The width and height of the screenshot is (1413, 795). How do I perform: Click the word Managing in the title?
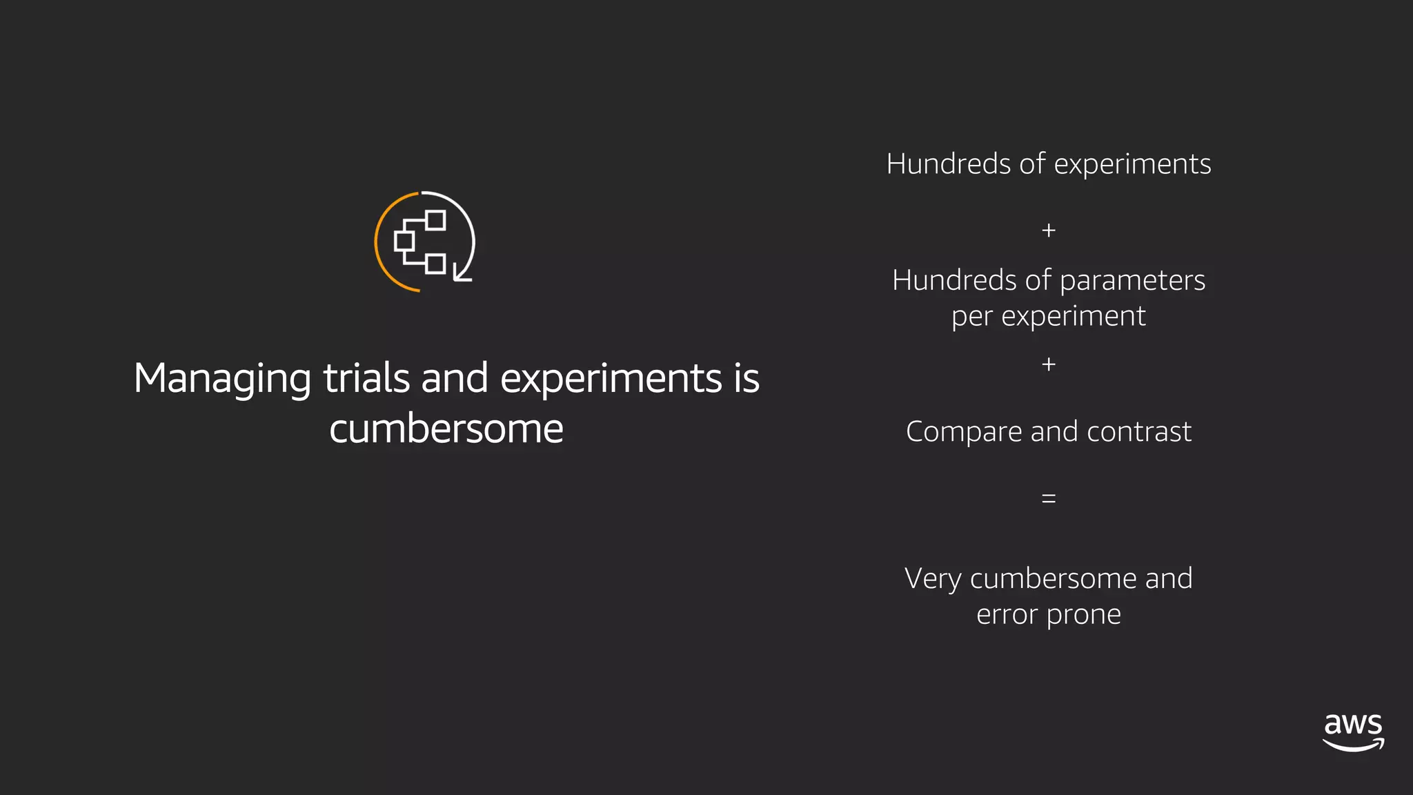pyautogui.click(x=222, y=379)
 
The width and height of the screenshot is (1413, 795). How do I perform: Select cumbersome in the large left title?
pyautogui.click(x=446, y=429)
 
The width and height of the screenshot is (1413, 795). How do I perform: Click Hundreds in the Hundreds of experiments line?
pyautogui.click(x=949, y=164)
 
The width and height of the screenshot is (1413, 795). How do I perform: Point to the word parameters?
pyautogui.click(x=1132, y=281)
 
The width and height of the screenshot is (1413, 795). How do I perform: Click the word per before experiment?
pyautogui.click(x=971, y=317)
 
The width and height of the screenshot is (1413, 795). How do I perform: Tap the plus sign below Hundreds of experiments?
pyautogui.click(x=1049, y=230)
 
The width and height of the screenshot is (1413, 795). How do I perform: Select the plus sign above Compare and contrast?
pyautogui.click(x=1049, y=364)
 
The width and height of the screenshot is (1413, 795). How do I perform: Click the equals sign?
pyautogui.click(x=1049, y=498)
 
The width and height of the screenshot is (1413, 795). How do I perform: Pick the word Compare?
pyautogui.click(x=964, y=433)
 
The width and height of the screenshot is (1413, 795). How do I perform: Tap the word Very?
pyautogui.click(x=933, y=578)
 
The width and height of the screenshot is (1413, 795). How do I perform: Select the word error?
pyautogui.click(x=1007, y=614)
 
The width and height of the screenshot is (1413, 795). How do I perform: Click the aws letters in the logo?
pyautogui.click(x=1353, y=724)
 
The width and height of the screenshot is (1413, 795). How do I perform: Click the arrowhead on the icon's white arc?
pyautogui.click(x=460, y=275)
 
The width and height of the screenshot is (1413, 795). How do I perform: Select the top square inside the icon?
pyautogui.click(x=435, y=220)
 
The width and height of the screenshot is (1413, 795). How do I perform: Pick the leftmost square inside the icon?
pyautogui.click(x=404, y=241)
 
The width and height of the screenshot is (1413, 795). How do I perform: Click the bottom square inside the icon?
pyautogui.click(x=435, y=264)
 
